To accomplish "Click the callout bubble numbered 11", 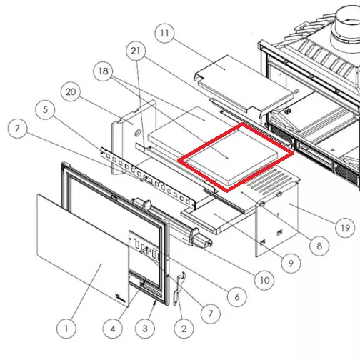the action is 164,33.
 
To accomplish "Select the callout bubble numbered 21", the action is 136,51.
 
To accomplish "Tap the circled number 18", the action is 104,71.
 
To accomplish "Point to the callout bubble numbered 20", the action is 71,91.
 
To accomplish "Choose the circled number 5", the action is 45,109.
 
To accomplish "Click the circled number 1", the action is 66,329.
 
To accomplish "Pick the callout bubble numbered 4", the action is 113,329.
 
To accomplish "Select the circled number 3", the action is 145,329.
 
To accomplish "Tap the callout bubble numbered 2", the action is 184,329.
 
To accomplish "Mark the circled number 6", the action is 237,297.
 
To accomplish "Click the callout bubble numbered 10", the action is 264,280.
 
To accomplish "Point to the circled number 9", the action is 291,263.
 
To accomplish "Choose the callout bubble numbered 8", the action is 319,246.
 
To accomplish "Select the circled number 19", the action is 345,228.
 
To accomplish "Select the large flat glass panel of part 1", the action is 84,249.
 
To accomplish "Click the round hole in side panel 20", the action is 138,133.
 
